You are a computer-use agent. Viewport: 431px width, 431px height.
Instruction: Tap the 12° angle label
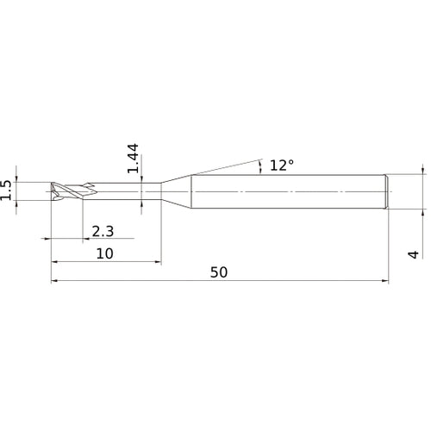click(x=281, y=166)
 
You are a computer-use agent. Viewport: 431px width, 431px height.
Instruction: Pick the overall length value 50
click(x=219, y=272)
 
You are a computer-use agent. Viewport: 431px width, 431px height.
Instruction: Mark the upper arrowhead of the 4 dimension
click(x=422, y=171)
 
